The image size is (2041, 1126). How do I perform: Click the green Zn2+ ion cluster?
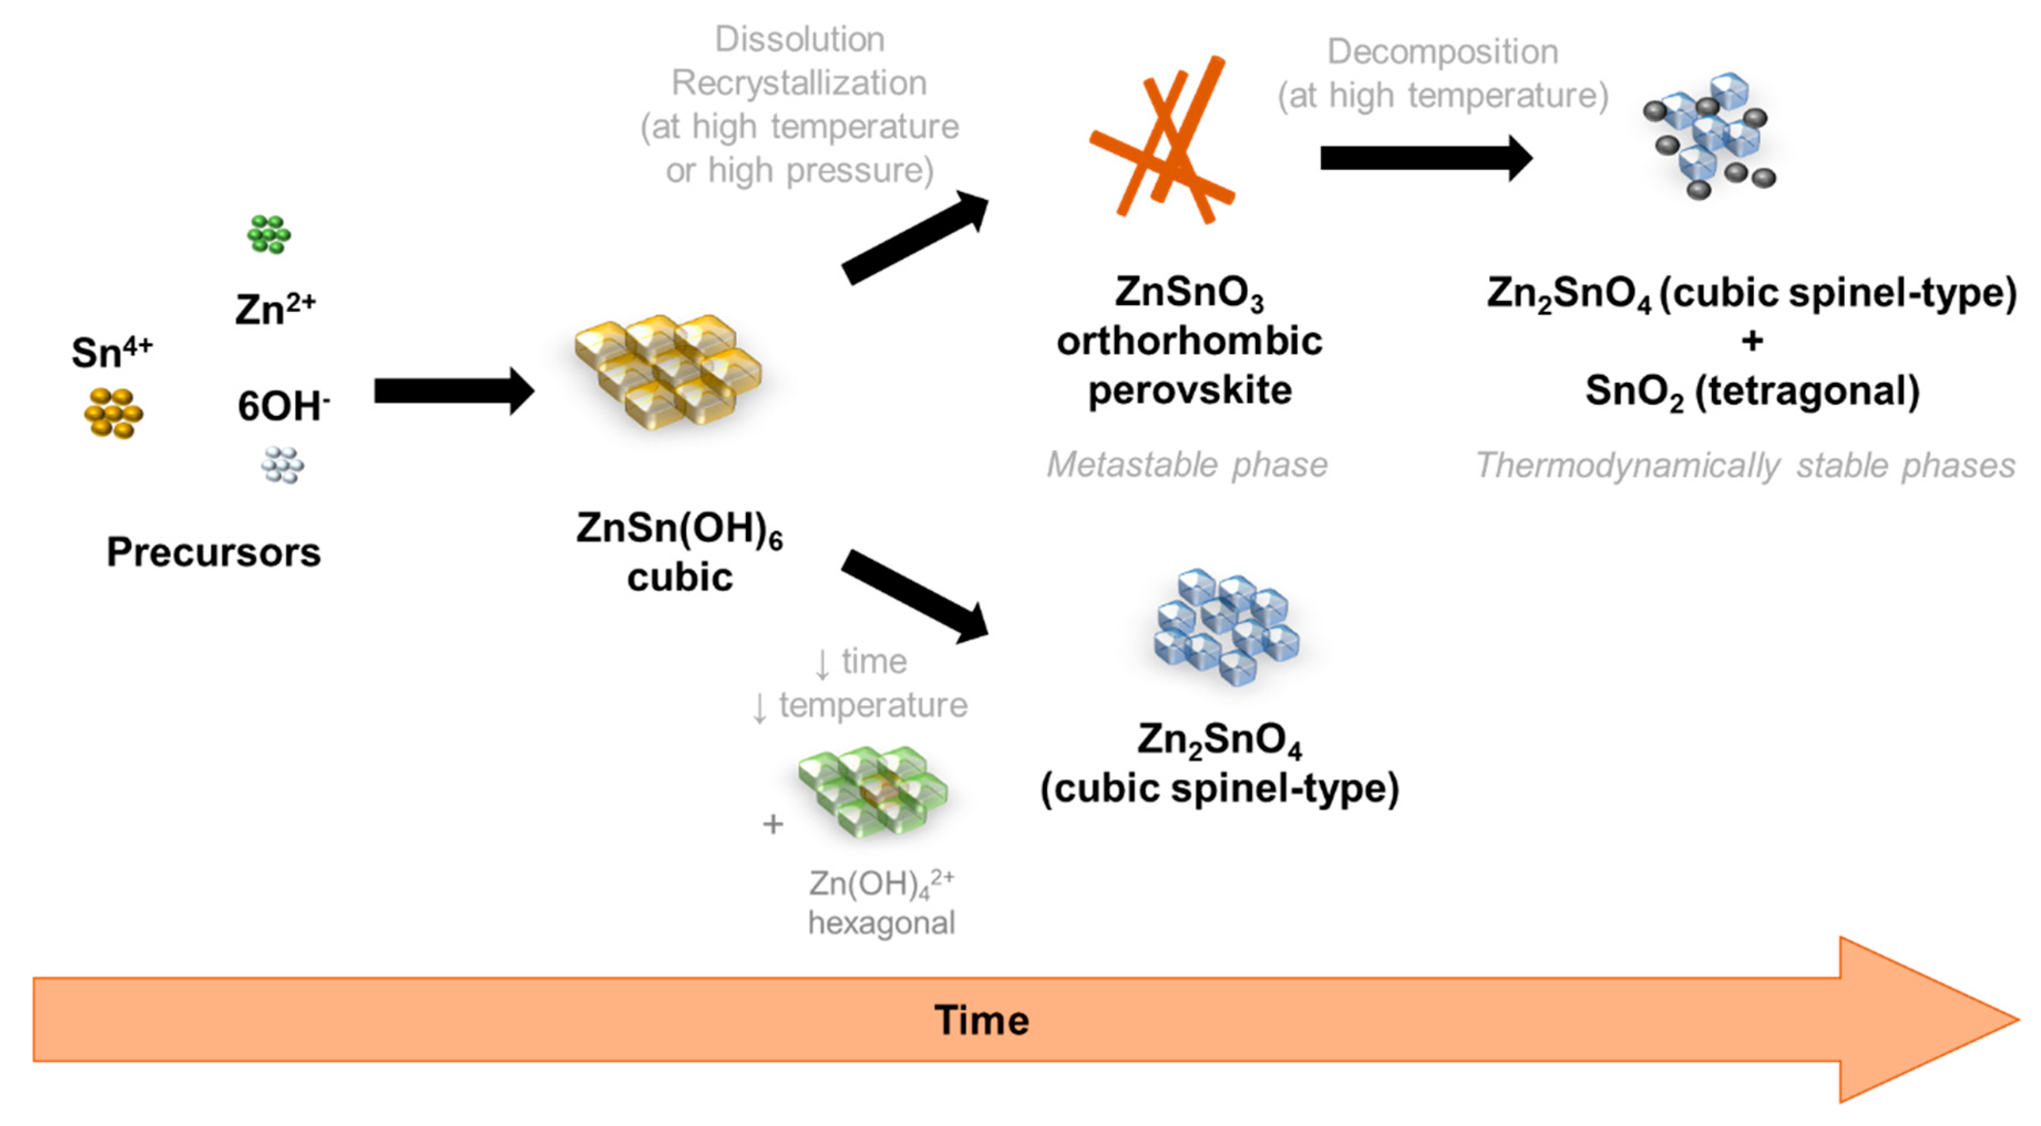(269, 234)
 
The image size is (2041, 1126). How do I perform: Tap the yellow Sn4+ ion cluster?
(114, 413)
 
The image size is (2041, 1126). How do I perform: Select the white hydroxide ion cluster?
(282, 465)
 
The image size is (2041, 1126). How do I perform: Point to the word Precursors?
(213, 552)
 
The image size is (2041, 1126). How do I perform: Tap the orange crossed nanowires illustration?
(1163, 141)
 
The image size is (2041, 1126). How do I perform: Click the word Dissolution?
(799, 39)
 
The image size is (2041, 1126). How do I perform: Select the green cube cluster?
(872, 791)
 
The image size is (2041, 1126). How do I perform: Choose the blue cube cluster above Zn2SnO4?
(1226, 626)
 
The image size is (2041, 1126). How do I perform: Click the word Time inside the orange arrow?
(981, 1020)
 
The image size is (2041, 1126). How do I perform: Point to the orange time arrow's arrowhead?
(1925, 1020)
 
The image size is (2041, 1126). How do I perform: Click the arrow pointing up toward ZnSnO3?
(915, 237)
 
